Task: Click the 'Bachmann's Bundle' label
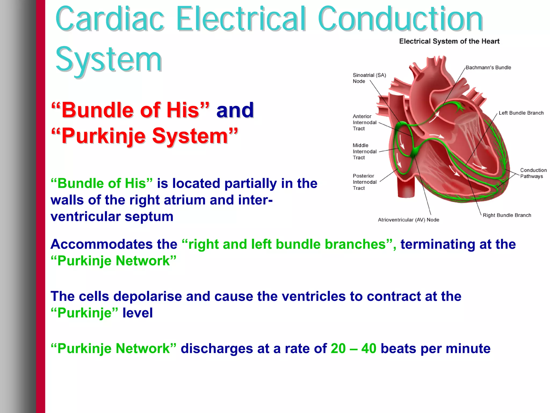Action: click(488, 67)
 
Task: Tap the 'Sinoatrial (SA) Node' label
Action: click(369, 78)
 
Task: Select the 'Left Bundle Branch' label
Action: click(521, 113)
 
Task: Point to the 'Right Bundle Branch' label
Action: click(507, 215)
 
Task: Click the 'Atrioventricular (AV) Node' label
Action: click(408, 220)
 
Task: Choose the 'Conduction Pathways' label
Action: click(533, 173)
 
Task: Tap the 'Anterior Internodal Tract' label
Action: click(364, 122)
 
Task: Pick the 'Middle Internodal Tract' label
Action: click(364, 151)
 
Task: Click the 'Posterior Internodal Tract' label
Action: click(364, 182)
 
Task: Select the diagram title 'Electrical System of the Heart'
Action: click(449, 41)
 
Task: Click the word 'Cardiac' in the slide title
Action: click(110, 19)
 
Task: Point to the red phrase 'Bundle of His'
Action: click(130, 110)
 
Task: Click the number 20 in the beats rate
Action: click(338, 349)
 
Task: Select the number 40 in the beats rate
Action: click(369, 349)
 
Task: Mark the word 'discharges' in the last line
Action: click(217, 349)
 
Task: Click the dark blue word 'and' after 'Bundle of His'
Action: click(235, 110)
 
